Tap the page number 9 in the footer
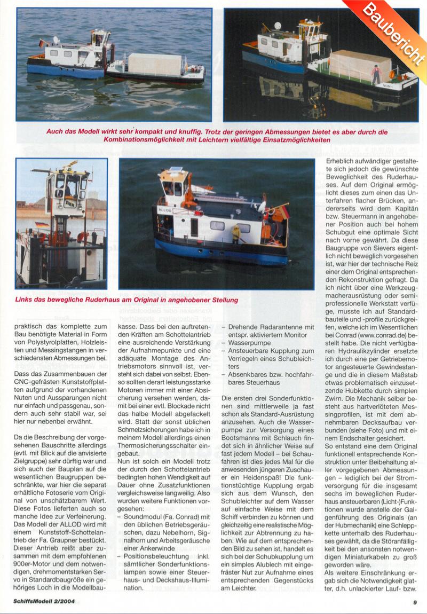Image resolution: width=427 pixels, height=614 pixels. pos(414,603)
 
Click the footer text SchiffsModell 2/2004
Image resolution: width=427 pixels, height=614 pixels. pos(45,603)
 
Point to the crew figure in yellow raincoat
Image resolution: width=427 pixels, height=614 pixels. pos(235,233)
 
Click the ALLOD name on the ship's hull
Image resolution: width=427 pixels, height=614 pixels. pos(166,210)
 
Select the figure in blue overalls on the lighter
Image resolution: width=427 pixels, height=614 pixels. pos(376,74)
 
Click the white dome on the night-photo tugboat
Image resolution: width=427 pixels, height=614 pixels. pos(278,25)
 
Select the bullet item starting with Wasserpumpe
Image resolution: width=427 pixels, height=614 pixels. pos(251,342)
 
